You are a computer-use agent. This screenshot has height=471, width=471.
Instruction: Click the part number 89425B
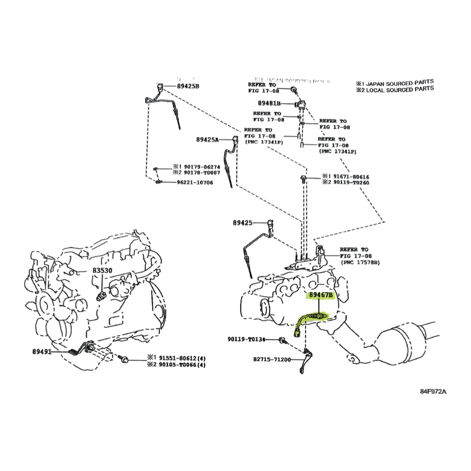(x=188, y=86)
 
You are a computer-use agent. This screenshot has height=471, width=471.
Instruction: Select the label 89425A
(x=207, y=140)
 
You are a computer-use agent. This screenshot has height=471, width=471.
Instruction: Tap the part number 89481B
(x=269, y=103)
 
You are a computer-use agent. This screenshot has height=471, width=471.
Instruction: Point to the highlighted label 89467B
(x=321, y=295)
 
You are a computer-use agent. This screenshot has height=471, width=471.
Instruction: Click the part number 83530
(x=102, y=270)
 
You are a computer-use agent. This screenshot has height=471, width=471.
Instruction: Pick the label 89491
(x=42, y=351)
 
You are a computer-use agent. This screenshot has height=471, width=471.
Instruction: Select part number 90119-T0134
(x=246, y=339)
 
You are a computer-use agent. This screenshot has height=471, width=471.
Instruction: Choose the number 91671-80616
(x=352, y=177)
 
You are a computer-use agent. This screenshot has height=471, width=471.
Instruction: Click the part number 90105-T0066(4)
(x=182, y=364)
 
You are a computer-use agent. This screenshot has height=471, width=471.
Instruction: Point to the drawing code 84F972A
(x=433, y=391)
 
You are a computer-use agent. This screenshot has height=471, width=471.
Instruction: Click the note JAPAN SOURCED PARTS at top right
(x=400, y=82)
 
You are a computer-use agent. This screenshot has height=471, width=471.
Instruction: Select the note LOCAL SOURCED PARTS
(x=400, y=89)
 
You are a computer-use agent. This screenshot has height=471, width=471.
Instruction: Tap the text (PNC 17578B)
(x=360, y=262)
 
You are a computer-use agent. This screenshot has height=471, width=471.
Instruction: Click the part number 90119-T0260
(x=352, y=183)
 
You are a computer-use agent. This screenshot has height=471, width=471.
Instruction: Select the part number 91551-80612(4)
(x=182, y=357)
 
